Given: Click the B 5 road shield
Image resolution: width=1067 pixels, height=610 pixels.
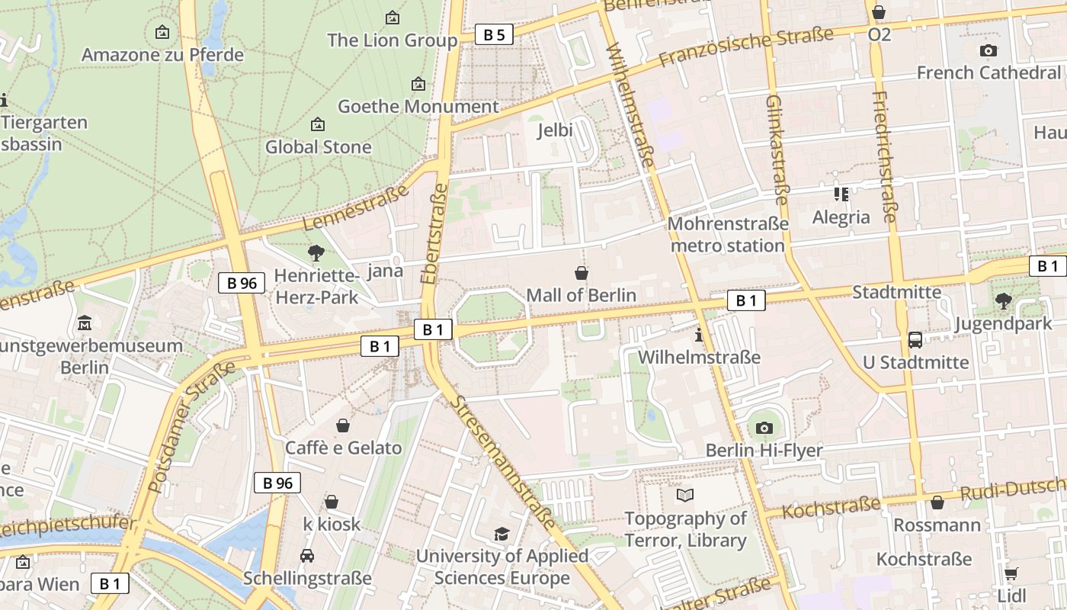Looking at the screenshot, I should [x=494, y=34].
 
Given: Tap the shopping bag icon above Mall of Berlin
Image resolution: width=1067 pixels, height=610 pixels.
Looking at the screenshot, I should [x=582, y=273].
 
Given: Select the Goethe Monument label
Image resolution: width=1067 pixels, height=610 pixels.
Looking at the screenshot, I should [x=418, y=107].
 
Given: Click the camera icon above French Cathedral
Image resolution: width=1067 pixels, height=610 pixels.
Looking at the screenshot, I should [x=988, y=51].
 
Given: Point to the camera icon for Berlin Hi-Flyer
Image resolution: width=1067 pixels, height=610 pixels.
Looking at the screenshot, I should [x=764, y=429].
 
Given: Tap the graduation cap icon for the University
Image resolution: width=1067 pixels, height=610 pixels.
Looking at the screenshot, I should [x=501, y=534].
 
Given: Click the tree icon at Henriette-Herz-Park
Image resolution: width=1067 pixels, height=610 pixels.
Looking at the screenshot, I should [x=316, y=253].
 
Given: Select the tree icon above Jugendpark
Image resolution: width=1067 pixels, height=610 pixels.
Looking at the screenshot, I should [x=1004, y=301].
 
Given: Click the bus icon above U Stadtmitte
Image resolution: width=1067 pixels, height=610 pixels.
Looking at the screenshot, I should [x=915, y=340].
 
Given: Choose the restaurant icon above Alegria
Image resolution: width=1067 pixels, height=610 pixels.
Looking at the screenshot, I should [x=841, y=194].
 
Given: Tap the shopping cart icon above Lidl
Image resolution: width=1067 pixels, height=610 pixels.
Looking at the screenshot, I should [x=1011, y=573].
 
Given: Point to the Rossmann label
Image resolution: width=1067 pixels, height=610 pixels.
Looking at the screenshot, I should [x=937, y=525].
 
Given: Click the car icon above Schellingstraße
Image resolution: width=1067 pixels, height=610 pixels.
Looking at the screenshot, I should [x=307, y=556].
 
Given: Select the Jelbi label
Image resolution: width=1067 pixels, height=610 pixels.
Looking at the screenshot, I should [x=555, y=130].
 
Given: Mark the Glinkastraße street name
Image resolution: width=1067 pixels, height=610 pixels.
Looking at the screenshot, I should [x=777, y=149].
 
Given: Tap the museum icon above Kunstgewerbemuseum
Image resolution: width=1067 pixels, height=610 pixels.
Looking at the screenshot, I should [x=84, y=323].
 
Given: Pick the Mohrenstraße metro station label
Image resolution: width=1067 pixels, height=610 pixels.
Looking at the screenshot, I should [x=728, y=235].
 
